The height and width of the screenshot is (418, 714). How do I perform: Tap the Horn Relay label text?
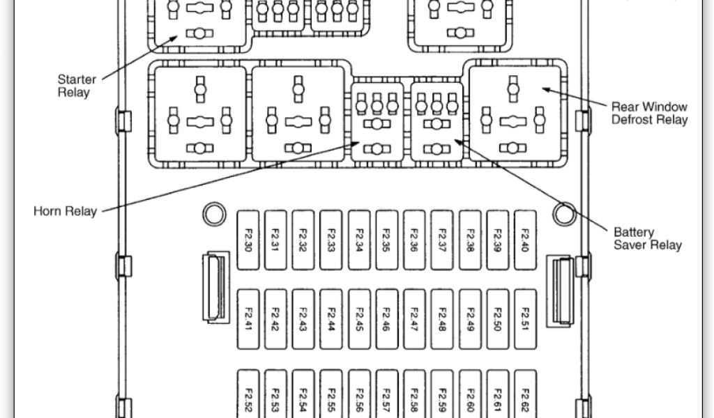point(65,211)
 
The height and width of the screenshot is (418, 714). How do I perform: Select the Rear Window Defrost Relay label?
point(649,113)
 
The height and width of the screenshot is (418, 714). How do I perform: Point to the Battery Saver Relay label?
point(647,238)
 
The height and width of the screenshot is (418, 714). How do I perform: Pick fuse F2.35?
point(386,240)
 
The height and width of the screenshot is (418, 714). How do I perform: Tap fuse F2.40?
point(525,240)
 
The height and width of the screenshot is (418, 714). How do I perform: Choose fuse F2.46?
point(386,319)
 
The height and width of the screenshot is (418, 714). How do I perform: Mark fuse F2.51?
point(525,319)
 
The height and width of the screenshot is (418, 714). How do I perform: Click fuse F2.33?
point(331,240)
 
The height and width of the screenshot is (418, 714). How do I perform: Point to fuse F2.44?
point(331,319)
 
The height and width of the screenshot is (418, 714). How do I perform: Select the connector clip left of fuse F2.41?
point(215,287)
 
